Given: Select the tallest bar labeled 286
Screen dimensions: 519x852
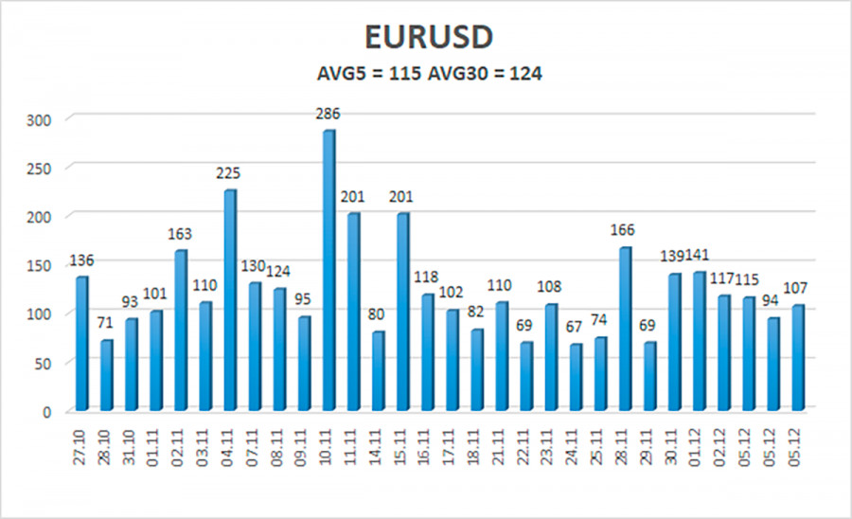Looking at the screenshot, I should coord(328,270).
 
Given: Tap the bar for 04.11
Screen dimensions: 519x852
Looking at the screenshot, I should coord(229,299).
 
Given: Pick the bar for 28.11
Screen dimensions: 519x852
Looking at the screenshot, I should coord(624,328).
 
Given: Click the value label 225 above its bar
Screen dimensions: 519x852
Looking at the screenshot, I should coord(228,173).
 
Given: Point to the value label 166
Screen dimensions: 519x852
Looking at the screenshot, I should coord(623,230).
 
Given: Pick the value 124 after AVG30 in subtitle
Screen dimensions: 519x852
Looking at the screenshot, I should coord(524,74).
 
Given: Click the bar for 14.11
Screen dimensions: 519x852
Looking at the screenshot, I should coord(377,370).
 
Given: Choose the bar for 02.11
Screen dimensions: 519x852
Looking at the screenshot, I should coord(180,330).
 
